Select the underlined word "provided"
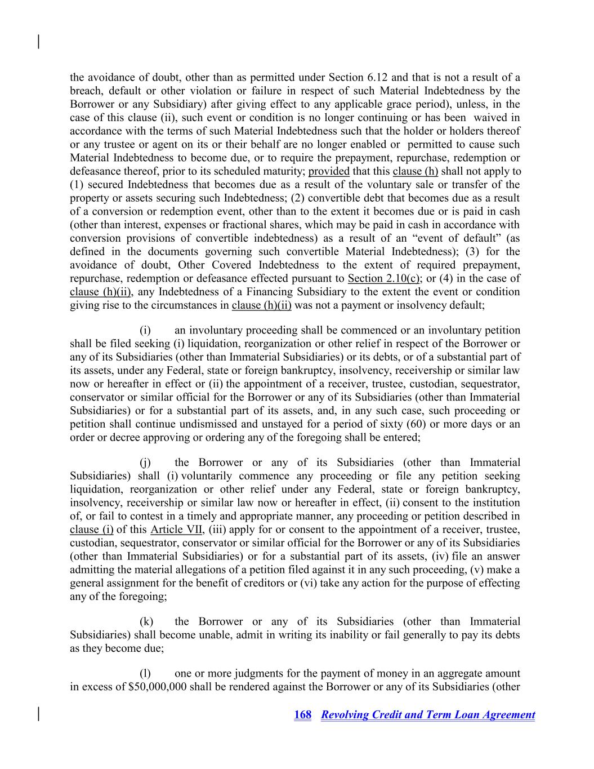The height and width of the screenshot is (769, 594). (329, 171)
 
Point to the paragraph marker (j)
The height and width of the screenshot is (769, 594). (145, 463)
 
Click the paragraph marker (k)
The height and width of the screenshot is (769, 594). (146, 621)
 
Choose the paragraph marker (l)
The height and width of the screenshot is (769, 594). (145, 674)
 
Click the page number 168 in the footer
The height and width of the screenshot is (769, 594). (302, 715)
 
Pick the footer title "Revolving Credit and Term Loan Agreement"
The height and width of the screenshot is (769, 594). (428, 715)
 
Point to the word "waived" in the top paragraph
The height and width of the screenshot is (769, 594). (496, 118)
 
